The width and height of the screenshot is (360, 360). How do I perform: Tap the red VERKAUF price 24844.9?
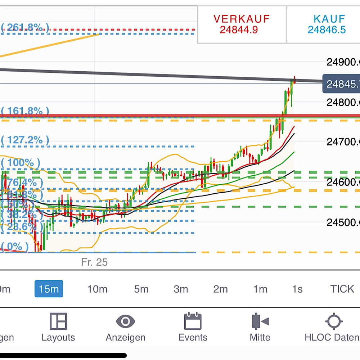(x=239, y=30)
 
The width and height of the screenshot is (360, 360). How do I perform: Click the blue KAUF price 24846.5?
(x=327, y=30)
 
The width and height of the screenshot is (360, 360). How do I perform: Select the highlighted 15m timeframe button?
(x=49, y=289)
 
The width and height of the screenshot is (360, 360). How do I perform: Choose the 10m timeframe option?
(x=97, y=289)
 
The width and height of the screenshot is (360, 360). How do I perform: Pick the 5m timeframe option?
(x=141, y=289)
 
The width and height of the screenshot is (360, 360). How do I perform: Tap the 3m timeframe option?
(x=181, y=289)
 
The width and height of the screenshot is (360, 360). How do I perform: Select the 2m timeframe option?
(x=220, y=289)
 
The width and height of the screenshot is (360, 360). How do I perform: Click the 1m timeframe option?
(x=260, y=289)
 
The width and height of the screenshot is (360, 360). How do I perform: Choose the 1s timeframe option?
(x=297, y=289)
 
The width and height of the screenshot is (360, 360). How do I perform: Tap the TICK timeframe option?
(x=342, y=289)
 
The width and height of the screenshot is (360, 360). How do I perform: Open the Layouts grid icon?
(x=58, y=321)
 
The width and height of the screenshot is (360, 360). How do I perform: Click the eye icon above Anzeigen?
(x=125, y=321)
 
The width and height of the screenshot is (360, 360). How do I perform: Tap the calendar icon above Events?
(x=193, y=321)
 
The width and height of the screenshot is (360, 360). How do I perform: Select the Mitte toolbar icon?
(x=260, y=321)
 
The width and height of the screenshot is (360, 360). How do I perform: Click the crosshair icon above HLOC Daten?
(x=334, y=321)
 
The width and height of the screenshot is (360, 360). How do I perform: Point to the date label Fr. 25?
(x=94, y=262)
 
